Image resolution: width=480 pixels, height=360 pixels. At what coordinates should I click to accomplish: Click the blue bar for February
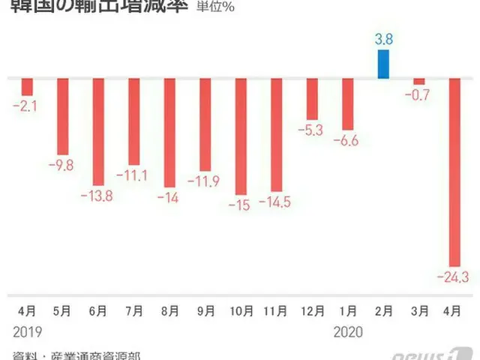coord(384,64)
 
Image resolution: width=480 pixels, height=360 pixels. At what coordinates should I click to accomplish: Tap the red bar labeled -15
coord(241,135)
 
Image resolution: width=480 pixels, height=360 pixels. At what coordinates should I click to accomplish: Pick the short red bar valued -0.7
coord(419,81)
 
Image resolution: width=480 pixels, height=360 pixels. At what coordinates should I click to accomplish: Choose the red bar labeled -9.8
coord(63,116)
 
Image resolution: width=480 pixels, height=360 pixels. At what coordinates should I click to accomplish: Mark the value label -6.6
coord(347,140)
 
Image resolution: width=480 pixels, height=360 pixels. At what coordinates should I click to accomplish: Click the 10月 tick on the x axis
coord(240,310)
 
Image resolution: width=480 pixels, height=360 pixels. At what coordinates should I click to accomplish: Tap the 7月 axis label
coord(133,310)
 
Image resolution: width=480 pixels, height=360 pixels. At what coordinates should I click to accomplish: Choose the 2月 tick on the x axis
coord(384,310)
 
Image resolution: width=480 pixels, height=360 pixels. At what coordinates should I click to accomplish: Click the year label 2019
coord(27,330)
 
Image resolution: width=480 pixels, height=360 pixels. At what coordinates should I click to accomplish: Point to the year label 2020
coord(347,330)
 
